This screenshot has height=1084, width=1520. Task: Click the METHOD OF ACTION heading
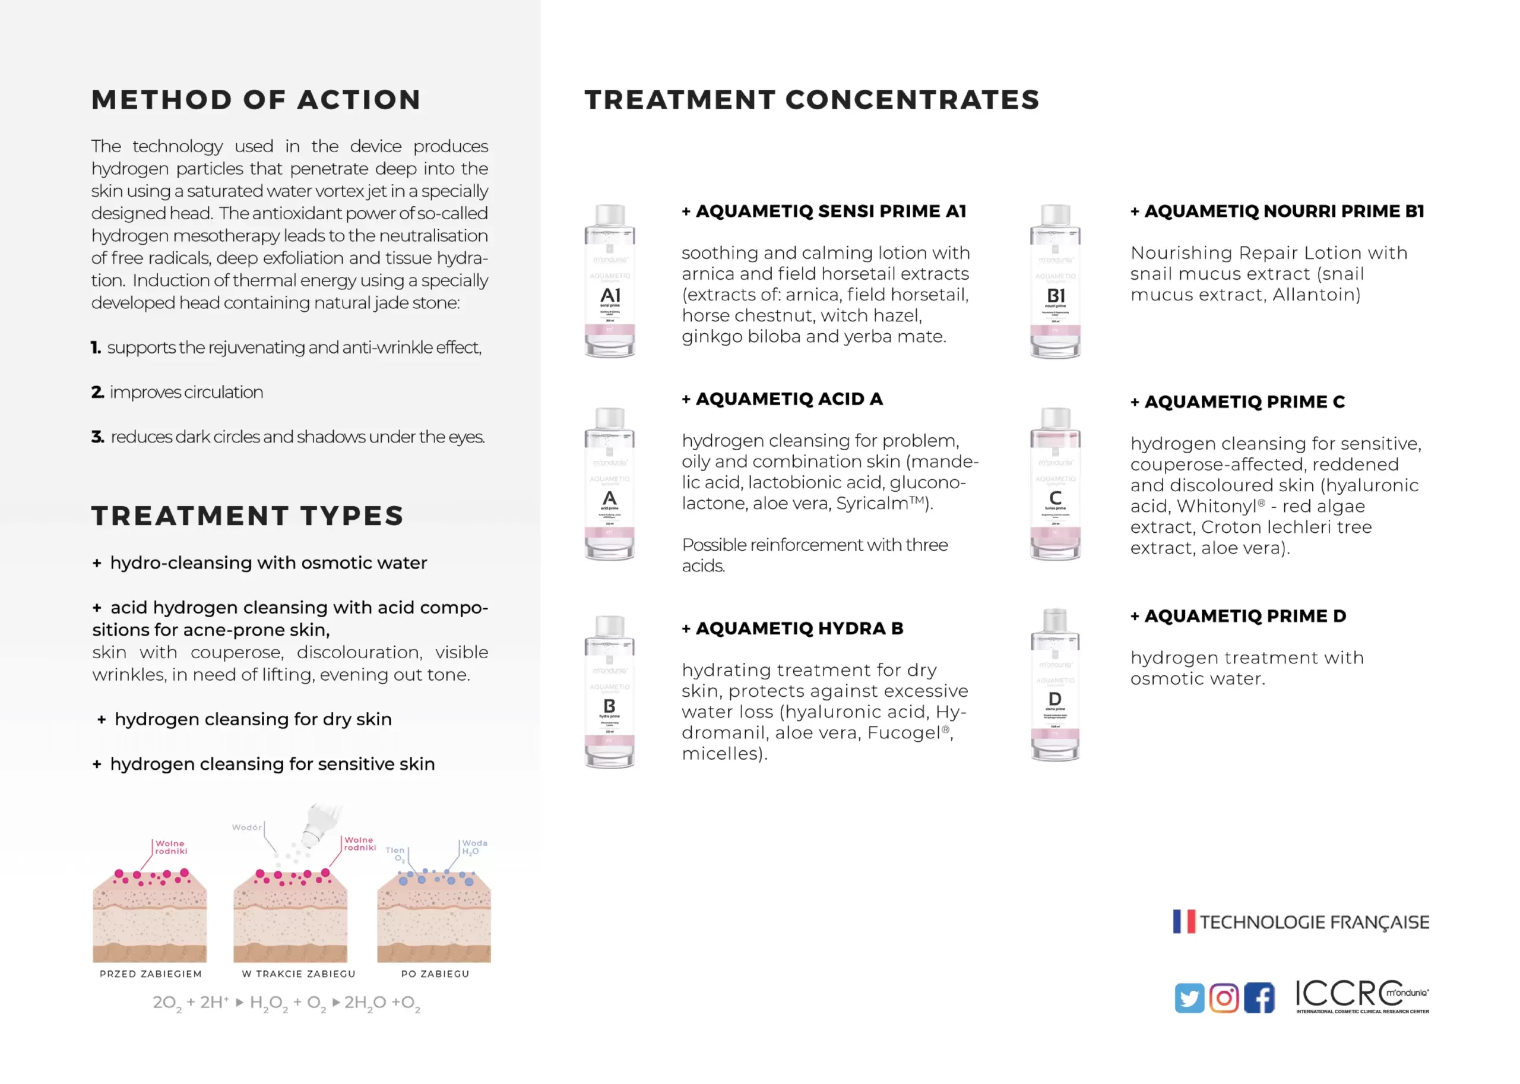coord(256,100)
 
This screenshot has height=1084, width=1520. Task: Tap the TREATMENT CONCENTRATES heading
coord(812,100)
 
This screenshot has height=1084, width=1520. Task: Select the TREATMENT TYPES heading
coord(248,516)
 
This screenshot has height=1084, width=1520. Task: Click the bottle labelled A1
coord(610,281)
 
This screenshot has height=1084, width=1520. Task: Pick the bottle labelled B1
coord(1055,281)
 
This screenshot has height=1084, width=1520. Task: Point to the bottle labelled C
coord(1055,484)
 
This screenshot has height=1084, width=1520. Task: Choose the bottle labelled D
coord(1055,685)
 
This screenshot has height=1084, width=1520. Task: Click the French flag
coord(1184,922)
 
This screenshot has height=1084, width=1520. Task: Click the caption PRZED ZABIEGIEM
coord(151,974)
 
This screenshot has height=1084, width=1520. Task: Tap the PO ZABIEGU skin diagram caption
coord(435,974)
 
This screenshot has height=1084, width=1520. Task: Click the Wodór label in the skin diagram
coord(246,827)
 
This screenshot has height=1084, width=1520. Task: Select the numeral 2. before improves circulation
coord(97,393)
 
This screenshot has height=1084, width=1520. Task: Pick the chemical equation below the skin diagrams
coord(287,1003)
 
